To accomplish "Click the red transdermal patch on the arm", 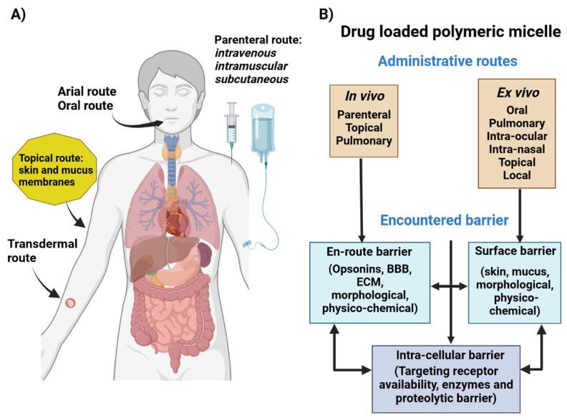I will click(x=69, y=303).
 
